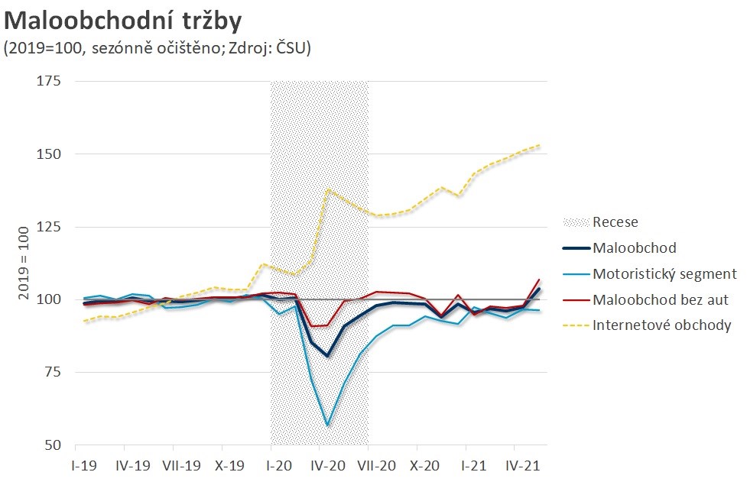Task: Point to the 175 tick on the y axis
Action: click(x=51, y=81)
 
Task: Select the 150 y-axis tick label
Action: click(x=51, y=154)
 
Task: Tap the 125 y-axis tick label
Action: click(x=51, y=227)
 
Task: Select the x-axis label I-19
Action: click(x=84, y=464)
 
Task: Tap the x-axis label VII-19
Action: click(x=181, y=464)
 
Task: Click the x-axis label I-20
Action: click(x=279, y=464)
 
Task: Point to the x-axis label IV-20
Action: click(x=327, y=464)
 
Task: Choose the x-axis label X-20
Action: click(x=424, y=464)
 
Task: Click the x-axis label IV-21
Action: click(x=522, y=464)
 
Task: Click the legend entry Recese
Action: click(x=615, y=222)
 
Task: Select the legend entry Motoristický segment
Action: click(x=664, y=273)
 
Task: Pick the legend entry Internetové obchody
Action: click(x=662, y=325)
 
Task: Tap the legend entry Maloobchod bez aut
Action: click(x=661, y=299)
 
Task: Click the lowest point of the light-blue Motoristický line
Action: click(x=327, y=425)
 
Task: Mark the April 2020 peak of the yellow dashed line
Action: click(x=328, y=189)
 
